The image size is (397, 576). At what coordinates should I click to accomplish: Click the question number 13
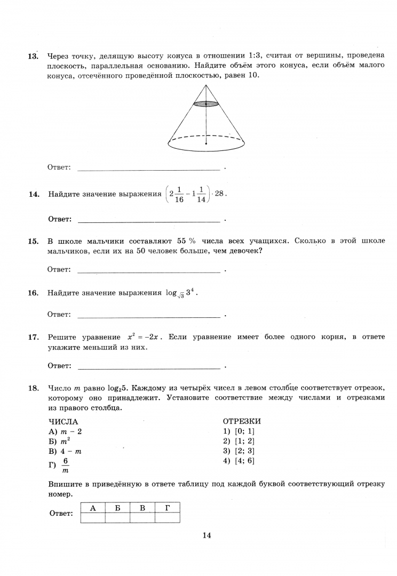(33, 56)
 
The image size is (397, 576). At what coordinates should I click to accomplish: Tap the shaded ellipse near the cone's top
(206, 103)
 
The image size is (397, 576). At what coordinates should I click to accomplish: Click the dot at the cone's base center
(206, 143)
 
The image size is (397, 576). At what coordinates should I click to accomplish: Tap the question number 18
(33, 388)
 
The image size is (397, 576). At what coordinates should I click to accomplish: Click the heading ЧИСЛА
(63, 421)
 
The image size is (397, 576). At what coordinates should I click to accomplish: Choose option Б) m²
(60, 441)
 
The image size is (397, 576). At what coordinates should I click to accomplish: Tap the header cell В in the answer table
(142, 507)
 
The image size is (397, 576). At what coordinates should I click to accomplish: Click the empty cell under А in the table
(92, 517)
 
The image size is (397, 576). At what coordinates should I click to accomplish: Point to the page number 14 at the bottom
(207, 535)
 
